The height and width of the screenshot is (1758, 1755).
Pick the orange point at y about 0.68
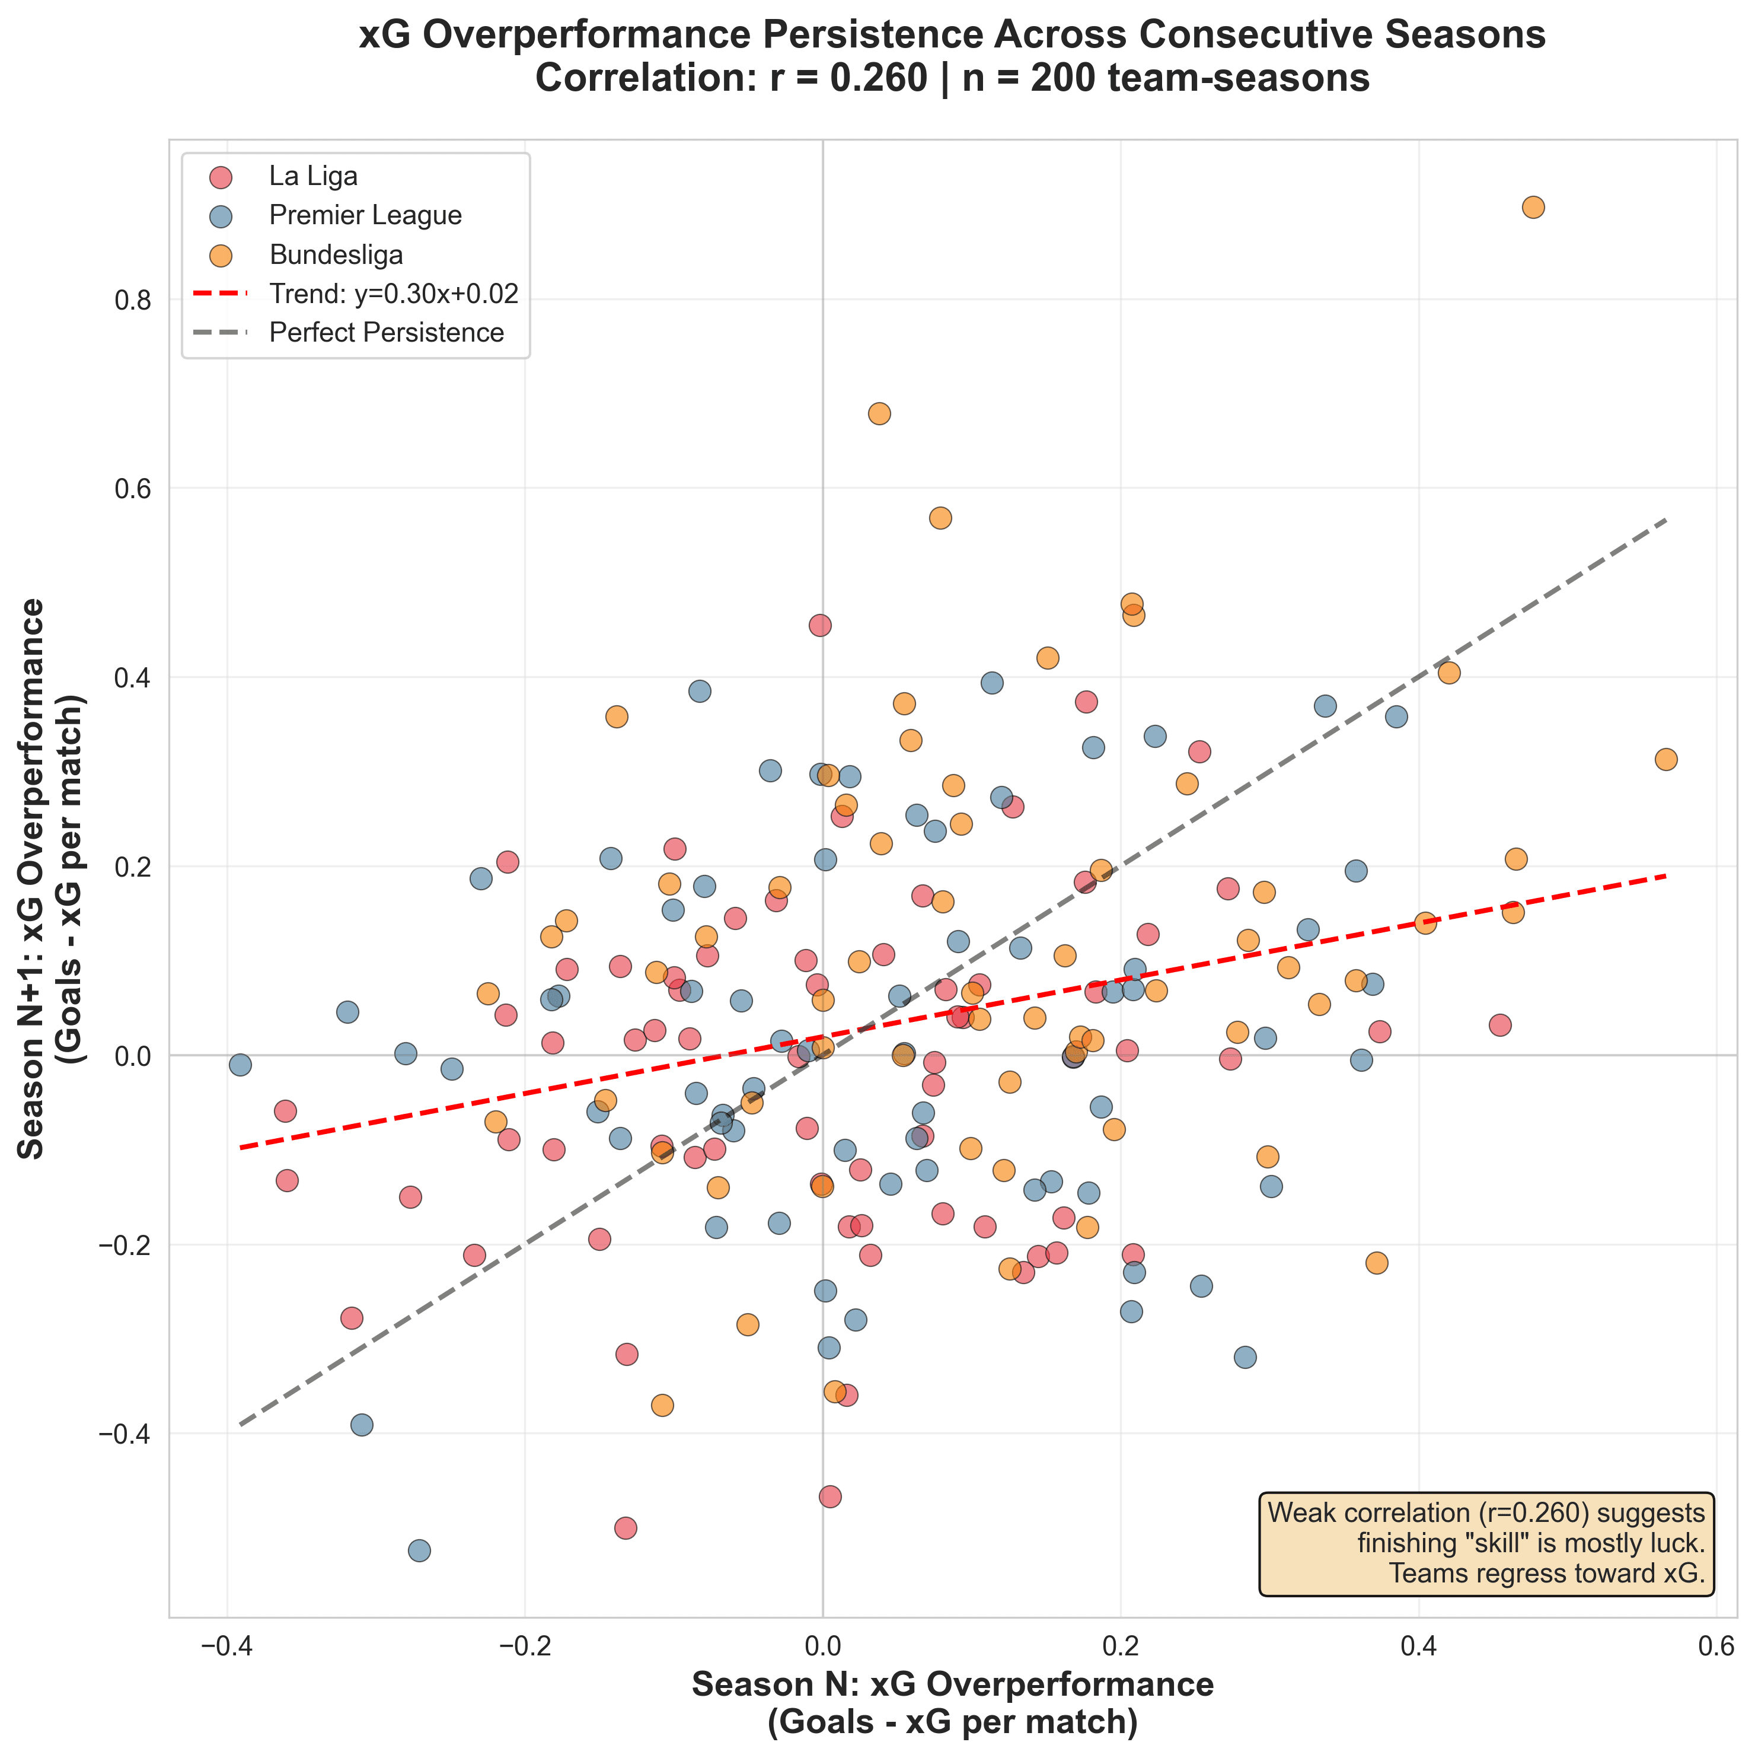click(x=879, y=414)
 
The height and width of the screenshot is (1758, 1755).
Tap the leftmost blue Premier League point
click(x=240, y=1065)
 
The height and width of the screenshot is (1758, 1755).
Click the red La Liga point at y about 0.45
click(x=820, y=625)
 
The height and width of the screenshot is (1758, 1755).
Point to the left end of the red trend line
click(x=242, y=1148)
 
